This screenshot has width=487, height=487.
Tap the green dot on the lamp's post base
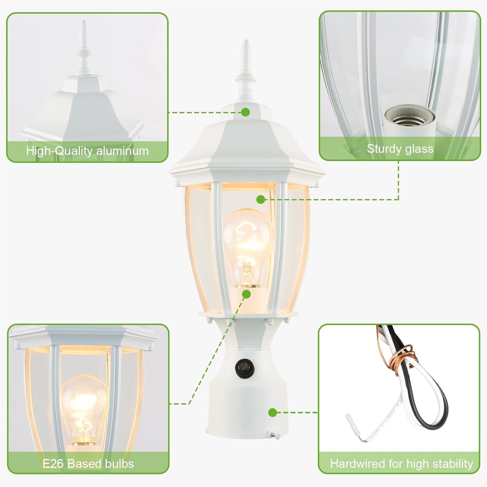(x=273, y=412)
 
